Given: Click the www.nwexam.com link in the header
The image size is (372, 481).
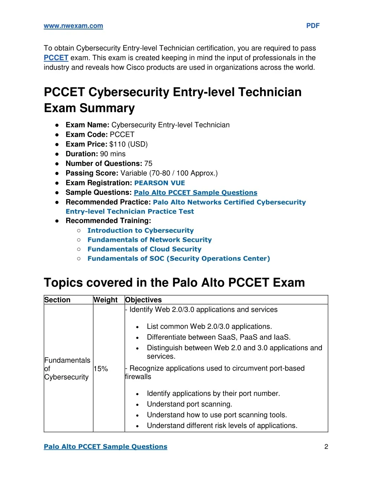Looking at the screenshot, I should click(73, 26).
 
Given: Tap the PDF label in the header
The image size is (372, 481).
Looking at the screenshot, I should click(313, 26).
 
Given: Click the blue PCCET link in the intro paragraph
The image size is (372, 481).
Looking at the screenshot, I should click(56, 58).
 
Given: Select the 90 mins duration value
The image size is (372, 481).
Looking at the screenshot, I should click(113, 154).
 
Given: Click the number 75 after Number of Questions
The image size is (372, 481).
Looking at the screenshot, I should click(148, 163).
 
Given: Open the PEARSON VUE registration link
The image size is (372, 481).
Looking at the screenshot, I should click(159, 183).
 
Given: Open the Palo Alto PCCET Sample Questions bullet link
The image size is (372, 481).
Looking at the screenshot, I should click(195, 192).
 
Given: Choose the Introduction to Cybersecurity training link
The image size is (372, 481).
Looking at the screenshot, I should click(141, 231).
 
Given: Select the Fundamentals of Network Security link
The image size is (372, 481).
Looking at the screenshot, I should click(150, 240).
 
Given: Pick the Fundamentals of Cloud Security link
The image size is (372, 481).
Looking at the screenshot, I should click(144, 249).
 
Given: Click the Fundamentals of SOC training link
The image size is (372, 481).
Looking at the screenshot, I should click(179, 259).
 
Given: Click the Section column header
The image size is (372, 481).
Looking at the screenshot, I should click(57, 300).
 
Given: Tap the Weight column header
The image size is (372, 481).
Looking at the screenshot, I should click(105, 300).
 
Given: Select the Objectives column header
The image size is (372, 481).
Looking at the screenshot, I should click(143, 300).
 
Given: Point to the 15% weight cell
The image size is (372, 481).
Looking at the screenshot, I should click(101, 369).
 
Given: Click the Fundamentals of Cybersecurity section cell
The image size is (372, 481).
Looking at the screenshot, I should click(67, 368).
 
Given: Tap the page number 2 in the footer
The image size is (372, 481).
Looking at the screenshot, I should click(326, 447).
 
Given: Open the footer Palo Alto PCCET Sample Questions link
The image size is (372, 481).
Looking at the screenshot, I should click(105, 447).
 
